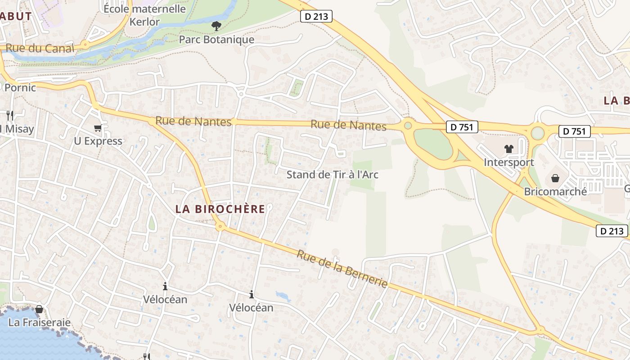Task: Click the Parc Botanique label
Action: pos(216,40)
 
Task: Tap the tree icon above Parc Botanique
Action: pos(216,27)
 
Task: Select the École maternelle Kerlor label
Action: pos(144,15)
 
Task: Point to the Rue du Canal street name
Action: pos(40,48)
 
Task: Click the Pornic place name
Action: pos(20,87)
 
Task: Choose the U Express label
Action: pos(98,141)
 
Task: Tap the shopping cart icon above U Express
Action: pos(98,128)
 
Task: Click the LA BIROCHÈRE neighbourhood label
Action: pos(220,209)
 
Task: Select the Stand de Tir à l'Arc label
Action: pos(333,175)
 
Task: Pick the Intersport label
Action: pos(508,162)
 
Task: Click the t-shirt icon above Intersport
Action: pos(509,149)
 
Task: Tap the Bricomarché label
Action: pos(555,191)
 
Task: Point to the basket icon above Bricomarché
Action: pos(555,178)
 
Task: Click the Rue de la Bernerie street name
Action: pos(342,269)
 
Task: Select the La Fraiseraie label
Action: pos(40,322)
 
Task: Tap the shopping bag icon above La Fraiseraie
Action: pos(39,309)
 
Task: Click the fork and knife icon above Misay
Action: pos(10,116)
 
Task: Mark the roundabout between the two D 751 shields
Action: pos(537,133)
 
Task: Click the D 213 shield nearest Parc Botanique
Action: pos(316,17)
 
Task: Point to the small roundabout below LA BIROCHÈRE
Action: pos(220,226)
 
